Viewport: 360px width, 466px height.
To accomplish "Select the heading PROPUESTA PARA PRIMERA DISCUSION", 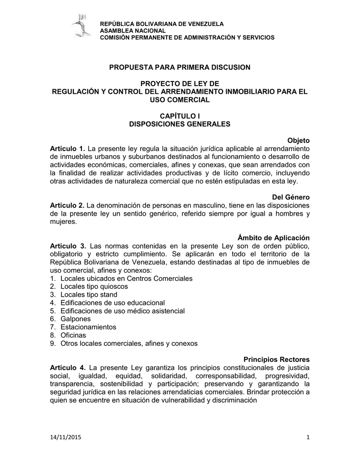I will pos(180,67).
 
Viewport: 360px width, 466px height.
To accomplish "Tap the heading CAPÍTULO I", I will pos(179,116).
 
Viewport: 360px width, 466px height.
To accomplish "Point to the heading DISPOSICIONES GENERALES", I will pos(180,124).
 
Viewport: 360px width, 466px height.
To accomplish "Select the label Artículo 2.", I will pos(67,205).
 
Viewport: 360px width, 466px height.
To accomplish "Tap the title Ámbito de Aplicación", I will pos(274,238).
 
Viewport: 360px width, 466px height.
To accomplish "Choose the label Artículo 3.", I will pos(67,246).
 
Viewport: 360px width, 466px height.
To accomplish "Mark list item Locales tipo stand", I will pos(89,295).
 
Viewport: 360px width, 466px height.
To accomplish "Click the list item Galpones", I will pos(76,319).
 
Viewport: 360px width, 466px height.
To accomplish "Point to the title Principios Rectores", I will pos(277,359).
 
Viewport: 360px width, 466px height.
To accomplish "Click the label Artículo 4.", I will pos(67,367).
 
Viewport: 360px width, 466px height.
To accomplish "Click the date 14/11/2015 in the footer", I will pos(64,438).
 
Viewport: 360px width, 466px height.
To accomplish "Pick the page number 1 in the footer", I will pos(308,438).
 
